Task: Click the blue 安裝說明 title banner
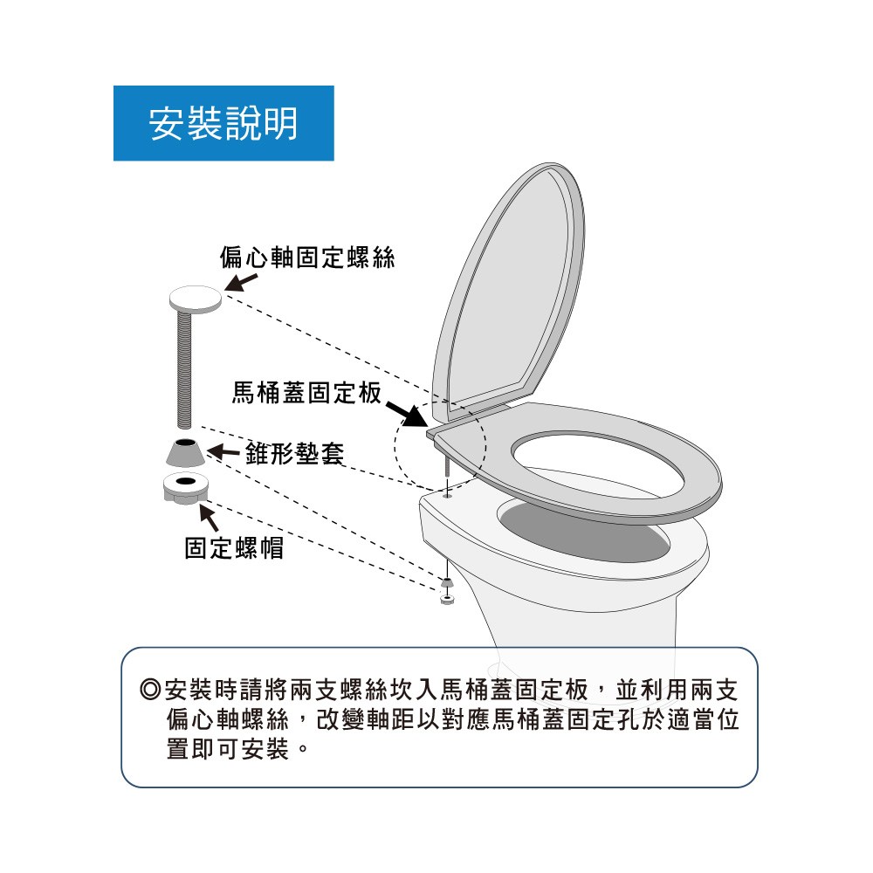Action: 223,123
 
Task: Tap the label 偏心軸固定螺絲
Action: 306,258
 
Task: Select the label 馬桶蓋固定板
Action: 306,393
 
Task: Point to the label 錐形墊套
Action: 294,453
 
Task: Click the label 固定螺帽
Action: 234,548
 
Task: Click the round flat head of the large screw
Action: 196,299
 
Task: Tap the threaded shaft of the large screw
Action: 184,369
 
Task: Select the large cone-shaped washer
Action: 185,452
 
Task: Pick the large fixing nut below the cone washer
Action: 186,488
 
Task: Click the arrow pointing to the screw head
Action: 241,282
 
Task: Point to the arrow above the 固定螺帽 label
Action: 209,516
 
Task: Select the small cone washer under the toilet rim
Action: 446,582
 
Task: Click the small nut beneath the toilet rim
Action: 446,599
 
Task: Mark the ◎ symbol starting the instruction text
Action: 150,690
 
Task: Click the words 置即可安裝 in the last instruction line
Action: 228,749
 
